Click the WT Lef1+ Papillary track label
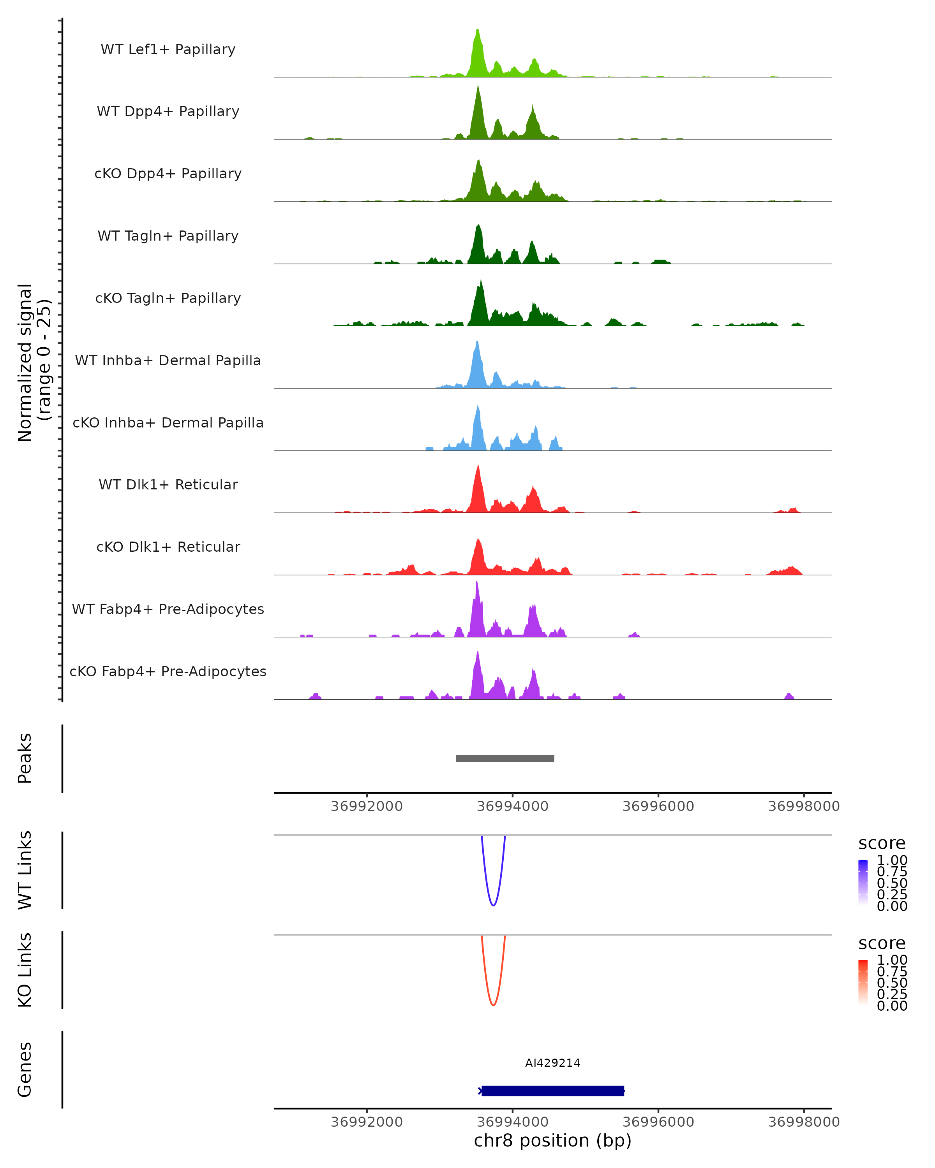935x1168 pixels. (168, 49)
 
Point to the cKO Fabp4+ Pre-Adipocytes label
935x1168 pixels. (168, 671)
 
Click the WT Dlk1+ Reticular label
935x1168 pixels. (168, 484)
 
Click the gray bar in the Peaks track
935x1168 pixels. (505, 758)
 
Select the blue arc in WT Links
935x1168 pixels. (493, 905)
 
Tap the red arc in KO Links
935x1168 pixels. (493, 1004)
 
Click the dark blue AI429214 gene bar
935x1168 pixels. (553, 1091)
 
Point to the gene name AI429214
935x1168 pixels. (552, 1063)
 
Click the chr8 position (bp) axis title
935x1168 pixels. (552, 1141)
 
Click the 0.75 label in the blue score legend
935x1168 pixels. (892, 872)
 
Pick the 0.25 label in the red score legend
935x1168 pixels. (892, 994)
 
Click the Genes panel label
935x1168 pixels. (25, 1069)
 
